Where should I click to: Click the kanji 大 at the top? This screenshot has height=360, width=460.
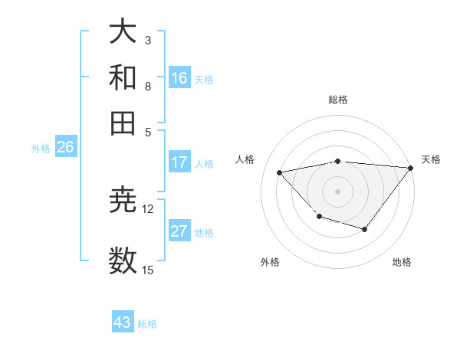coord(123,32)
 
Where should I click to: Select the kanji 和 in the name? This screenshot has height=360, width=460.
coord(123,77)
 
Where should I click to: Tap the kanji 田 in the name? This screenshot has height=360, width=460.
coord(123,122)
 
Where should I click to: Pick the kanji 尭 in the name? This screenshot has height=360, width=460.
coord(123,201)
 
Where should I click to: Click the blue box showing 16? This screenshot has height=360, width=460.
coord(179,77)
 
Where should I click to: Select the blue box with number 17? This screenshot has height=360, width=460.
coord(179,162)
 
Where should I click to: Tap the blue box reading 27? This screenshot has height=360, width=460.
coord(179,231)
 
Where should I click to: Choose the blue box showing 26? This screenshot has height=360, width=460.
coord(65,148)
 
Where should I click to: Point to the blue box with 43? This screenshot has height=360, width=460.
coord(123,322)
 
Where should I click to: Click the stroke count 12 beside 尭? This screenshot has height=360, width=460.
coord(148,208)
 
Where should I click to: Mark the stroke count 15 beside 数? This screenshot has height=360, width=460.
coord(148,269)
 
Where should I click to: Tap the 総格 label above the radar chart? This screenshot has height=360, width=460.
coord(337,100)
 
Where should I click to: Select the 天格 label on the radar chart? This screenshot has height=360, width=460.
coord(431,159)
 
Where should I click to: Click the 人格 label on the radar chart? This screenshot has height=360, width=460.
coord(245,159)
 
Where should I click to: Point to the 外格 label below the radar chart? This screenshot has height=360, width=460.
coord(270,262)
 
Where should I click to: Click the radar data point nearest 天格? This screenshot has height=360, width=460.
coord(410,168)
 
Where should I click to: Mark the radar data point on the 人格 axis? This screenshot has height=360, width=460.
coord(280,172)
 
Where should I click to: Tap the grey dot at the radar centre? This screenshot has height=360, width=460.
coord(337,191)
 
